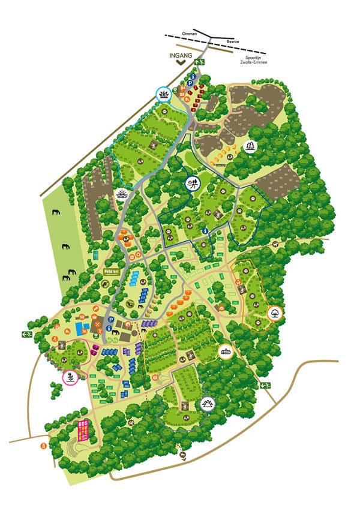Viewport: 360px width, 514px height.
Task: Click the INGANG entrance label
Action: [x=181, y=56]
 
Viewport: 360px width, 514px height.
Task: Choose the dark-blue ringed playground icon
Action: [x=193, y=184]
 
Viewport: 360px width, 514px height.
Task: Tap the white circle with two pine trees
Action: [x=250, y=146]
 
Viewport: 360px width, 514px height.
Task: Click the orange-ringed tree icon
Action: [x=274, y=312]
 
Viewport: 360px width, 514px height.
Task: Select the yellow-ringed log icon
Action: [x=226, y=353]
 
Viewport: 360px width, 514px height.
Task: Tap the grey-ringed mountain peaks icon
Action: [x=208, y=404]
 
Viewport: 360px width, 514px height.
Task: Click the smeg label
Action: [x=218, y=161]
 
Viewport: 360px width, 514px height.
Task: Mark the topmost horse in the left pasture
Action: [x=56, y=212]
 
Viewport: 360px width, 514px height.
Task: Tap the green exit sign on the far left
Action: [x=26, y=335]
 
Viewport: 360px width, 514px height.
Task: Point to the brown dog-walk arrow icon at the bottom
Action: [x=184, y=455]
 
